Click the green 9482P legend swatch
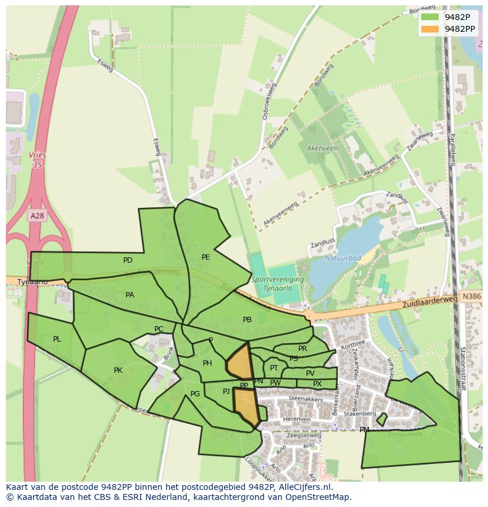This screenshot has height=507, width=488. click(x=430, y=16)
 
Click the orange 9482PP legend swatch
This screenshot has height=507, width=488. click(x=430, y=28)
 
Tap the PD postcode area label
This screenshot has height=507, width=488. click(x=128, y=260)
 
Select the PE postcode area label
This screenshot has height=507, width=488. click(x=206, y=257)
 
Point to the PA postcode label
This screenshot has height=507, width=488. click(x=130, y=295)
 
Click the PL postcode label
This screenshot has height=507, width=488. click(x=57, y=339)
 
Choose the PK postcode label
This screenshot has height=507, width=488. click(x=118, y=370)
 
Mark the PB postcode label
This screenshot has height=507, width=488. click(x=247, y=320)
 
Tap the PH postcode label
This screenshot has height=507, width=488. click(x=207, y=363)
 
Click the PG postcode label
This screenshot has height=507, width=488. click(x=195, y=394)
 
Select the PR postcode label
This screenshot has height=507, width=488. click(x=302, y=349)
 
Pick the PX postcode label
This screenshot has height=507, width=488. click(x=317, y=384)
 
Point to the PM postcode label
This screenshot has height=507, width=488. click(x=364, y=430)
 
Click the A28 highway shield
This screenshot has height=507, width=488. click(x=37, y=216)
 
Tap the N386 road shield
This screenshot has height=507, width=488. click(x=471, y=298)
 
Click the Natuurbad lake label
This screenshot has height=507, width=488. click(x=342, y=258)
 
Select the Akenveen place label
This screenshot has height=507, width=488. click(x=322, y=148)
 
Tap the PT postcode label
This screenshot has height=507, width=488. click(x=274, y=368)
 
